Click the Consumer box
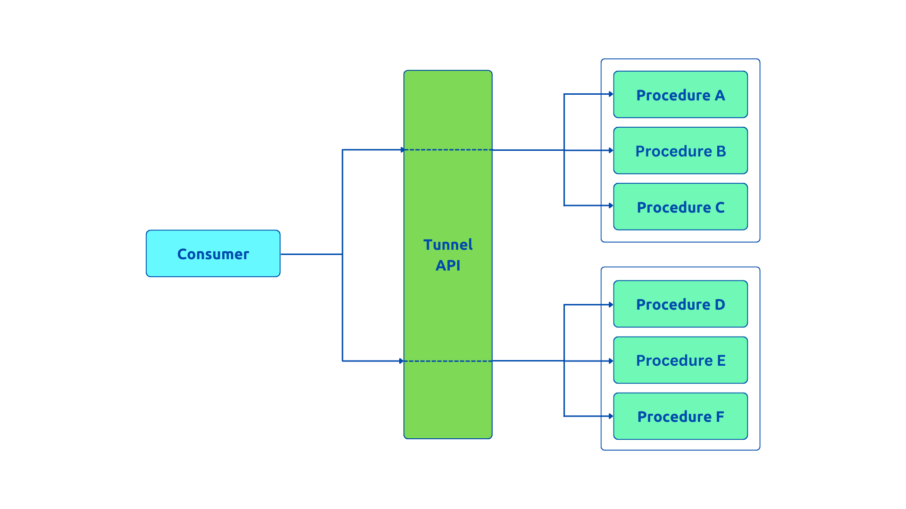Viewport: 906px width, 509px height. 213,254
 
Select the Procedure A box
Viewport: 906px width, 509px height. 680,95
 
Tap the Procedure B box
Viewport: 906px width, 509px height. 680,151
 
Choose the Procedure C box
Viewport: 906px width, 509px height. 680,207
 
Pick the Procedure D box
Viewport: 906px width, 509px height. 680,304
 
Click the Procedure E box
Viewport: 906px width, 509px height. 680,360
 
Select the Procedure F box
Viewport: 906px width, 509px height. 680,416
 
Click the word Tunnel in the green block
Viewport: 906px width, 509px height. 448,245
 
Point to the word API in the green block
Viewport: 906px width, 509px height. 448,265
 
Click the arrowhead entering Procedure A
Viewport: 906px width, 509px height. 611,94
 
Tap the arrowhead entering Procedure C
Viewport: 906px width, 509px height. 611,205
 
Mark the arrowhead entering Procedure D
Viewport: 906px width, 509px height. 611,305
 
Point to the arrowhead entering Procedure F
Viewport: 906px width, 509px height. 611,416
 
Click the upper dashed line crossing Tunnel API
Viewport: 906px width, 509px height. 448,150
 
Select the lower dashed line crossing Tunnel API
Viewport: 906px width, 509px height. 448,361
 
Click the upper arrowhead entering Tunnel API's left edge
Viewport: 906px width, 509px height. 402,150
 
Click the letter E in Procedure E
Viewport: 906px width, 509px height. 721,361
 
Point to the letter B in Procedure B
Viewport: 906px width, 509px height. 721,151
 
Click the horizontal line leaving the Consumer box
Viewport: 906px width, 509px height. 311,254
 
